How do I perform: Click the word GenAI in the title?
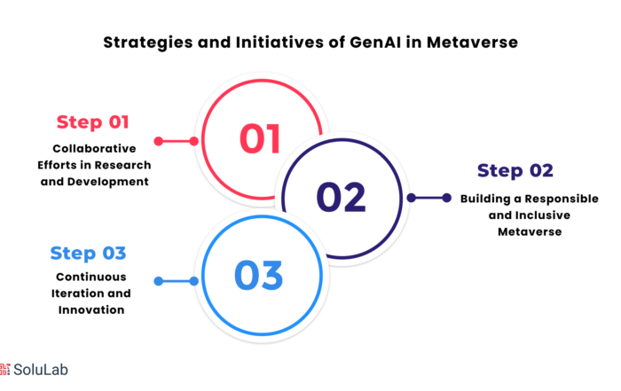coord(375,42)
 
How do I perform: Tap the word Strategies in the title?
coord(148,43)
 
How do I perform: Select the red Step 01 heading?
coord(92,121)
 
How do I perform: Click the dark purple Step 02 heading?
coord(515,170)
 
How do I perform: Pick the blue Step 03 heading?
coord(88,253)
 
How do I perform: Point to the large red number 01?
coord(260,138)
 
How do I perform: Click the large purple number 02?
coord(341,197)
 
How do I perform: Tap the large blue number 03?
coord(259,275)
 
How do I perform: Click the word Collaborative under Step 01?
coord(94,148)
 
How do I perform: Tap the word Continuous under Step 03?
coord(91,277)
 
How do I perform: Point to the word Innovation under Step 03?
coord(91,309)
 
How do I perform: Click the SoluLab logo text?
coord(41,370)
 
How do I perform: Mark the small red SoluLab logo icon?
coord(4,369)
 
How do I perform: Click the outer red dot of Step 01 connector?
coord(159,141)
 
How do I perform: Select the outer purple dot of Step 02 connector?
coord(447,198)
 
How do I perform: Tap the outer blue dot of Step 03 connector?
coord(159,281)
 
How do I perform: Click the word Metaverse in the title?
coord(472,42)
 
